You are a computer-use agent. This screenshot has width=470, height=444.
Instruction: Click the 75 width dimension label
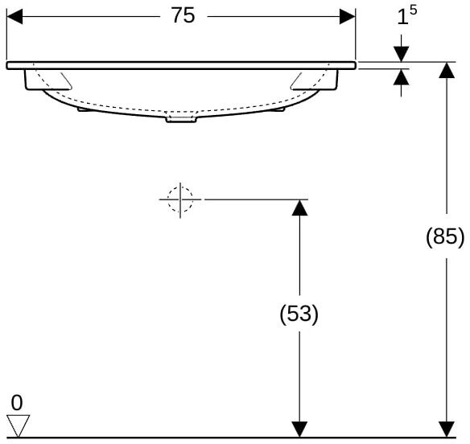183,15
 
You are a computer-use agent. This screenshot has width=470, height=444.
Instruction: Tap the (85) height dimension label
445,236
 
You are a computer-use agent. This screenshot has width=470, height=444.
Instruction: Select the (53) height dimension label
299,314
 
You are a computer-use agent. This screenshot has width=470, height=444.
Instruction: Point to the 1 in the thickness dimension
402,18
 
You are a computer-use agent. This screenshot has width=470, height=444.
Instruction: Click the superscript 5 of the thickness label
413,10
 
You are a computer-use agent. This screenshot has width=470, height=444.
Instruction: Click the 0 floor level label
17,403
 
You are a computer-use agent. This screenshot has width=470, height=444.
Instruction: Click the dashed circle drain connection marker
180,199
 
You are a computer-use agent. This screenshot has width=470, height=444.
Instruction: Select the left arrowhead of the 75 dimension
14,16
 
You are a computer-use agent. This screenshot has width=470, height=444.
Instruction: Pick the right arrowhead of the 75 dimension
348,16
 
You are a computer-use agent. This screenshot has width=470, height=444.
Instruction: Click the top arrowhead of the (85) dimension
447,70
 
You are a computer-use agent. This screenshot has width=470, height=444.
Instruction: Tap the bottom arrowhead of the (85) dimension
447,430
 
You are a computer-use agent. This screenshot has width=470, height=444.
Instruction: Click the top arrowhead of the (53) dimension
299,208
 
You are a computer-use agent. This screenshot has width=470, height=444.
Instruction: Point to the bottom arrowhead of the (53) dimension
299,430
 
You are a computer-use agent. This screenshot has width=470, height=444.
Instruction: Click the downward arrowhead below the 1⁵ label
402,54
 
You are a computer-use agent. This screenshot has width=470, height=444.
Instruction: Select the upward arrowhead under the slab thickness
402,77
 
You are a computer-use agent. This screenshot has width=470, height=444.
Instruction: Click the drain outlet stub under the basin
182,119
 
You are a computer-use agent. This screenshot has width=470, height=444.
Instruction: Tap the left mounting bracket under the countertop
48,80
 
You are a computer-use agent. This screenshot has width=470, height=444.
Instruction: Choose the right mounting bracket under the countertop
314,80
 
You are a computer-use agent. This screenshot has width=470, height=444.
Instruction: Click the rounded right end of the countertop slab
354,65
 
